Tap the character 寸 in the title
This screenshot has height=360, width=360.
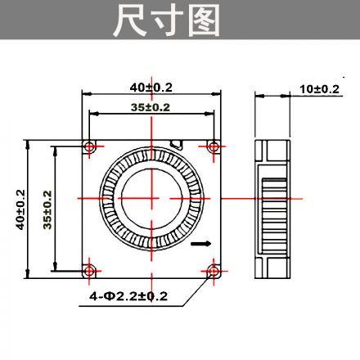[x=167, y=20]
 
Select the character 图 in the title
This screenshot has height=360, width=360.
[x=205, y=20]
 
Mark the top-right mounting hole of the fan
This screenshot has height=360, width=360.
[x=214, y=146]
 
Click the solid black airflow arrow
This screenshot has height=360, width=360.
[x=200, y=243]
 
